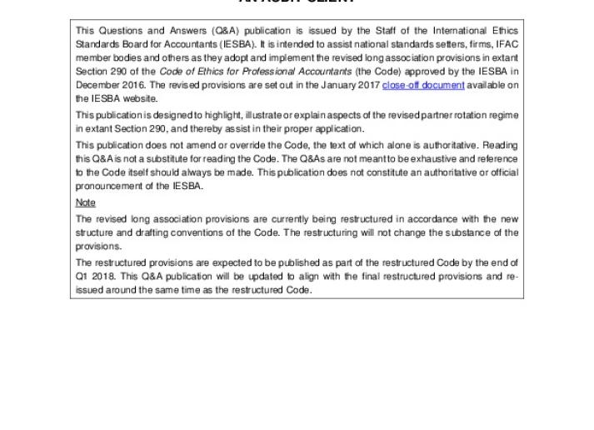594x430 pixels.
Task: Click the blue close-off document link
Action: [423, 85]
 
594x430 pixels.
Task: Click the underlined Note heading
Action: [86, 202]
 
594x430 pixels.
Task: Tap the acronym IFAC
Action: [507, 44]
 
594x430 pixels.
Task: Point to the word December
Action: [97, 85]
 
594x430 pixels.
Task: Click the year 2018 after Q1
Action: [105, 277]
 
